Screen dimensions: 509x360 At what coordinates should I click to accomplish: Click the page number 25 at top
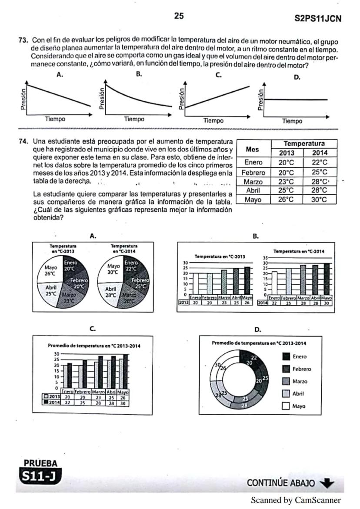[x=179, y=17]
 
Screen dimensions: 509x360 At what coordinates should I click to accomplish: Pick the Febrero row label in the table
[x=253, y=172]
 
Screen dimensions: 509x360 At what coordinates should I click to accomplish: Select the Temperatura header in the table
[x=304, y=143]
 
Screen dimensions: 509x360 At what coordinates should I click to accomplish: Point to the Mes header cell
[x=253, y=149]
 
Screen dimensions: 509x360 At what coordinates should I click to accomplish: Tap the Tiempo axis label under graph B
[x=134, y=119]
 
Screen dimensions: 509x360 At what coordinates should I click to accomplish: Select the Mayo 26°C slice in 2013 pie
[x=51, y=270]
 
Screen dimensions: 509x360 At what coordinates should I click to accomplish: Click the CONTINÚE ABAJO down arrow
[x=328, y=483]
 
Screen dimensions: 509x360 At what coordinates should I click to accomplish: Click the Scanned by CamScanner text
[x=296, y=500]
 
